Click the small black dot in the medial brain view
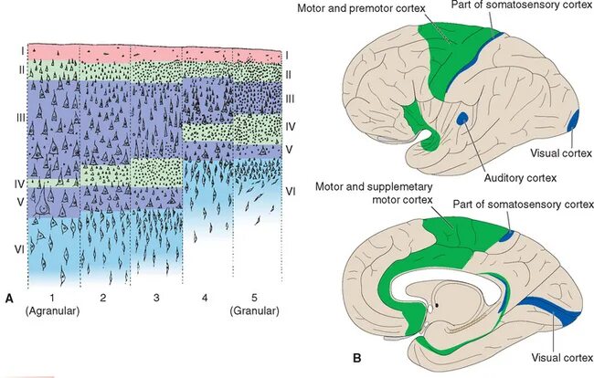coord(438,303)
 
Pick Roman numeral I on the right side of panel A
coord(287,56)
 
